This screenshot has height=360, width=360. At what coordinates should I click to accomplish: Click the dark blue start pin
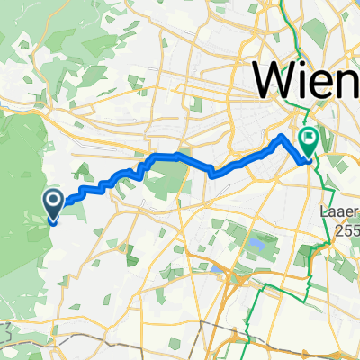(52, 204)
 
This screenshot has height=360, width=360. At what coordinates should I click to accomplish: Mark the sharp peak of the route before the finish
(284, 135)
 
